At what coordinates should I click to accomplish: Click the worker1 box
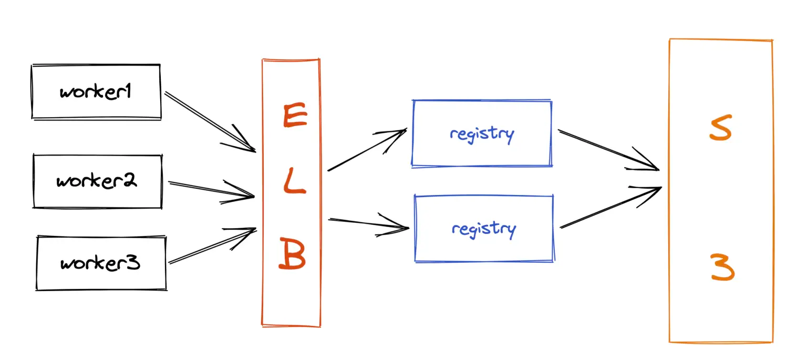pyautogui.click(x=96, y=92)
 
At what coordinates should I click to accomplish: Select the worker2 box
pyautogui.click(x=97, y=181)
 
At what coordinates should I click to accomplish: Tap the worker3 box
pyautogui.click(x=101, y=263)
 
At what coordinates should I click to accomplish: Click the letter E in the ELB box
pyautogui.click(x=295, y=116)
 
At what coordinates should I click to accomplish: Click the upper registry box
pyautogui.click(x=482, y=133)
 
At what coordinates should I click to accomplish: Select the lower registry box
pyautogui.click(x=484, y=229)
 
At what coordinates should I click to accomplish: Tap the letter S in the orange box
pyautogui.click(x=720, y=129)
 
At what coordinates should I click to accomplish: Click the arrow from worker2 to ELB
pyautogui.click(x=211, y=190)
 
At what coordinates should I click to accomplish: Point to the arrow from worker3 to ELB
pyautogui.click(x=212, y=245)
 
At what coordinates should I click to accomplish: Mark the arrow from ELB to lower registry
pyautogui.click(x=368, y=224)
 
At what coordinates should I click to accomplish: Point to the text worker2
pyautogui.click(x=97, y=181)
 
